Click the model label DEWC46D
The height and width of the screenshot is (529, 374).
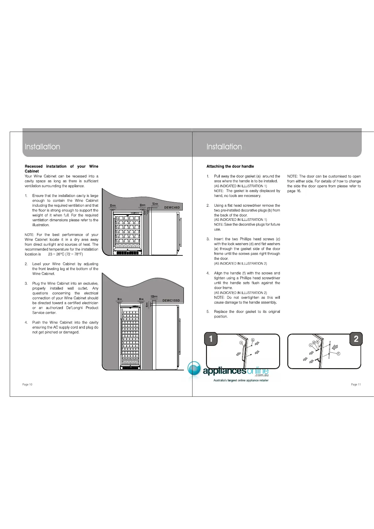pos(172,208)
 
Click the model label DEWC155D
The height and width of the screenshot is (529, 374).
pos(171,301)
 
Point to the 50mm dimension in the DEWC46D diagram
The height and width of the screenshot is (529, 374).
pos(155,204)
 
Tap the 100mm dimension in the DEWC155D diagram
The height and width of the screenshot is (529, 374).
pos(154,297)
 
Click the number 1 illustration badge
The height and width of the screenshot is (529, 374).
pos(211,339)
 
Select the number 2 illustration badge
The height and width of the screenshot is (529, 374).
pos(356,339)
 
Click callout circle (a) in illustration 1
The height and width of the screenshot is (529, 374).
pos(241,343)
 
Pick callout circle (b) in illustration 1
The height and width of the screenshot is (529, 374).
pos(252,340)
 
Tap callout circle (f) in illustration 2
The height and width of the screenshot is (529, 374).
pos(339,354)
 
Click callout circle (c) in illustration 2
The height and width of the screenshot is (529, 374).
pos(311,345)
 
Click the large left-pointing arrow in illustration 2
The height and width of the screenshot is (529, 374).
pos(335,347)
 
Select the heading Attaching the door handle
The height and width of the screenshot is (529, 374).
pos(230,166)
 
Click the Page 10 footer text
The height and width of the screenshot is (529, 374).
pos(27,384)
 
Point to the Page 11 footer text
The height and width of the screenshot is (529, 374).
pos(356,384)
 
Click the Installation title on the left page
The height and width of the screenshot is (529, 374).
pos(42,147)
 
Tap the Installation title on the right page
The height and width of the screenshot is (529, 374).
pos(224,147)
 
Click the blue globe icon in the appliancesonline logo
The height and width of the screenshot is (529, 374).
pos(194,368)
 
